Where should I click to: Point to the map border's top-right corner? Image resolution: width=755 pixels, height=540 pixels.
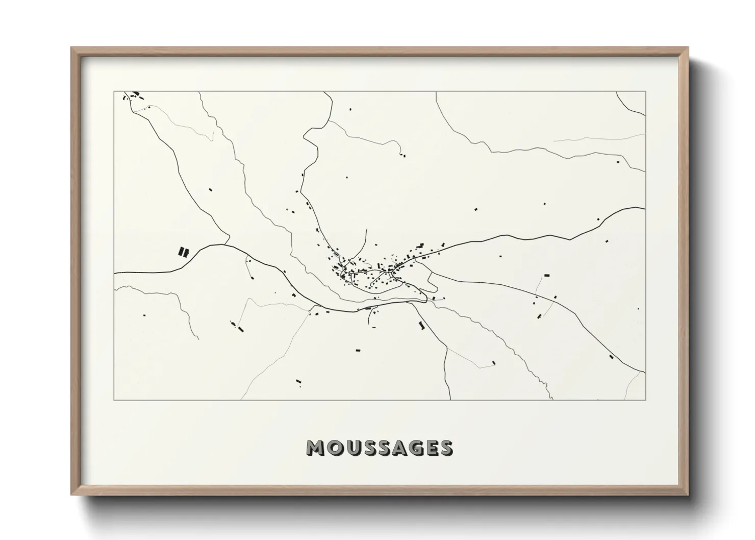click(645, 92)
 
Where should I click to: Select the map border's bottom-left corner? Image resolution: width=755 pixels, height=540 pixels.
click(114, 400)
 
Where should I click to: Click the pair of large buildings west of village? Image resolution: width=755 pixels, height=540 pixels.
click(183, 252)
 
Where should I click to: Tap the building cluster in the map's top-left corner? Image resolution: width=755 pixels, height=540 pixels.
click(134, 95)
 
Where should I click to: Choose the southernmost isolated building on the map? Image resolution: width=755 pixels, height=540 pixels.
click(298, 381)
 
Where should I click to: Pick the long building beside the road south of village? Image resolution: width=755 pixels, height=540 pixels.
click(421, 325)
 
